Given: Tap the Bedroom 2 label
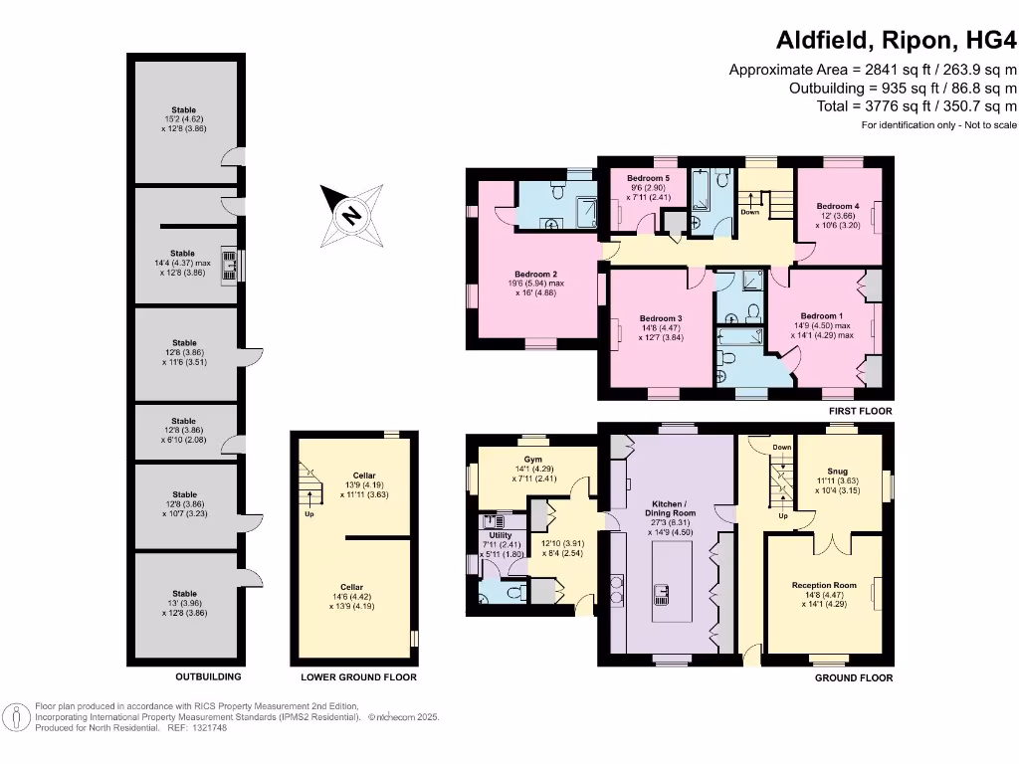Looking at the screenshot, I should tap(534, 275).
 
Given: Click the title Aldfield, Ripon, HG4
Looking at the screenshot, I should tap(896, 41).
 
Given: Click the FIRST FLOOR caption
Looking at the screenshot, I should tap(860, 411).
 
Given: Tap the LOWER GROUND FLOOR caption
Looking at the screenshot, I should tap(358, 677).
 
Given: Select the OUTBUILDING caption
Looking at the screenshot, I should tap(208, 677).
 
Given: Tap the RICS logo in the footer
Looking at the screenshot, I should tap(17, 716).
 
